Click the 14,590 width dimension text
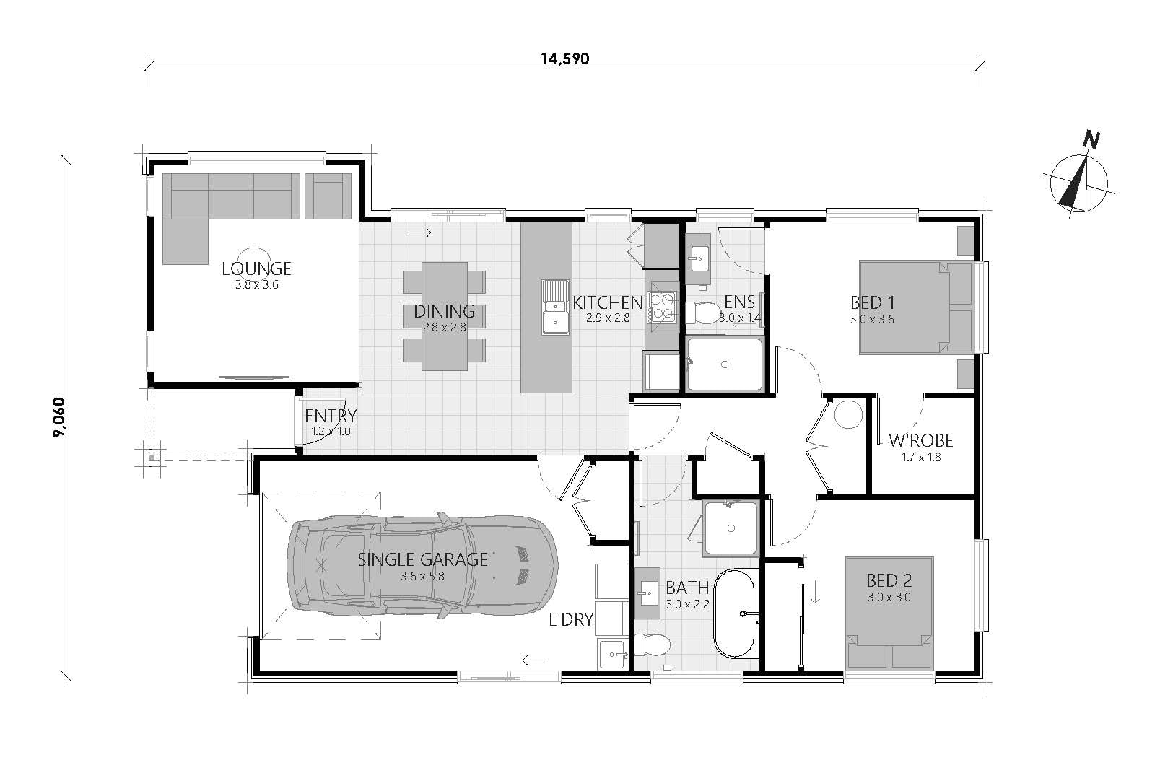pyautogui.click(x=565, y=59)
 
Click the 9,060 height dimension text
pyautogui.click(x=60, y=416)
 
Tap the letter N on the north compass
pyautogui.click(x=1091, y=140)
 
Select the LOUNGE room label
pyautogui.click(x=256, y=268)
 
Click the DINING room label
pyautogui.click(x=445, y=311)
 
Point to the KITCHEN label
pyautogui.click(x=608, y=302)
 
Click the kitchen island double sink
pyautogui.click(x=555, y=307)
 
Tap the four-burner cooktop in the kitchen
pyautogui.click(x=663, y=307)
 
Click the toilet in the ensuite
pyautogui.click(x=702, y=313)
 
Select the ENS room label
pyautogui.click(x=739, y=302)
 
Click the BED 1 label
pyautogui.click(x=873, y=302)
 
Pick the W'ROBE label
pyautogui.click(x=921, y=440)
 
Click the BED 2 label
pyautogui.click(x=889, y=580)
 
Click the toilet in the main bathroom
pyautogui.click(x=653, y=645)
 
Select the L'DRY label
pyautogui.click(x=571, y=619)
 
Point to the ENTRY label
pyautogui.click(x=331, y=416)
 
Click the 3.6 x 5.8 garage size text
pyautogui.click(x=422, y=576)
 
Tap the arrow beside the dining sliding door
pyautogui.click(x=420, y=233)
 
